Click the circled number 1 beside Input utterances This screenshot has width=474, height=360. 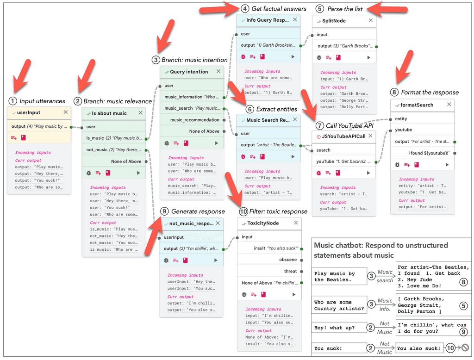[12, 101]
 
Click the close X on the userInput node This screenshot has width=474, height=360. [65, 112]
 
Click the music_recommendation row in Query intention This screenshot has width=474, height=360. [194, 120]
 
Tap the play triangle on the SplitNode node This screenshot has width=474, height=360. [368, 57]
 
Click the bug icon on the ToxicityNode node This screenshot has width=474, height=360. [244, 294]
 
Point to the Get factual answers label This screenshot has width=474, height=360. [279, 8]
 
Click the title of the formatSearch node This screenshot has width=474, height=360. [417, 105]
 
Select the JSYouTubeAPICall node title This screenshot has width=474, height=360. [343, 137]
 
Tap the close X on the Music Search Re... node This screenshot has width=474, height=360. [294, 120]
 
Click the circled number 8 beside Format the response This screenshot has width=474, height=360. [394, 92]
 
